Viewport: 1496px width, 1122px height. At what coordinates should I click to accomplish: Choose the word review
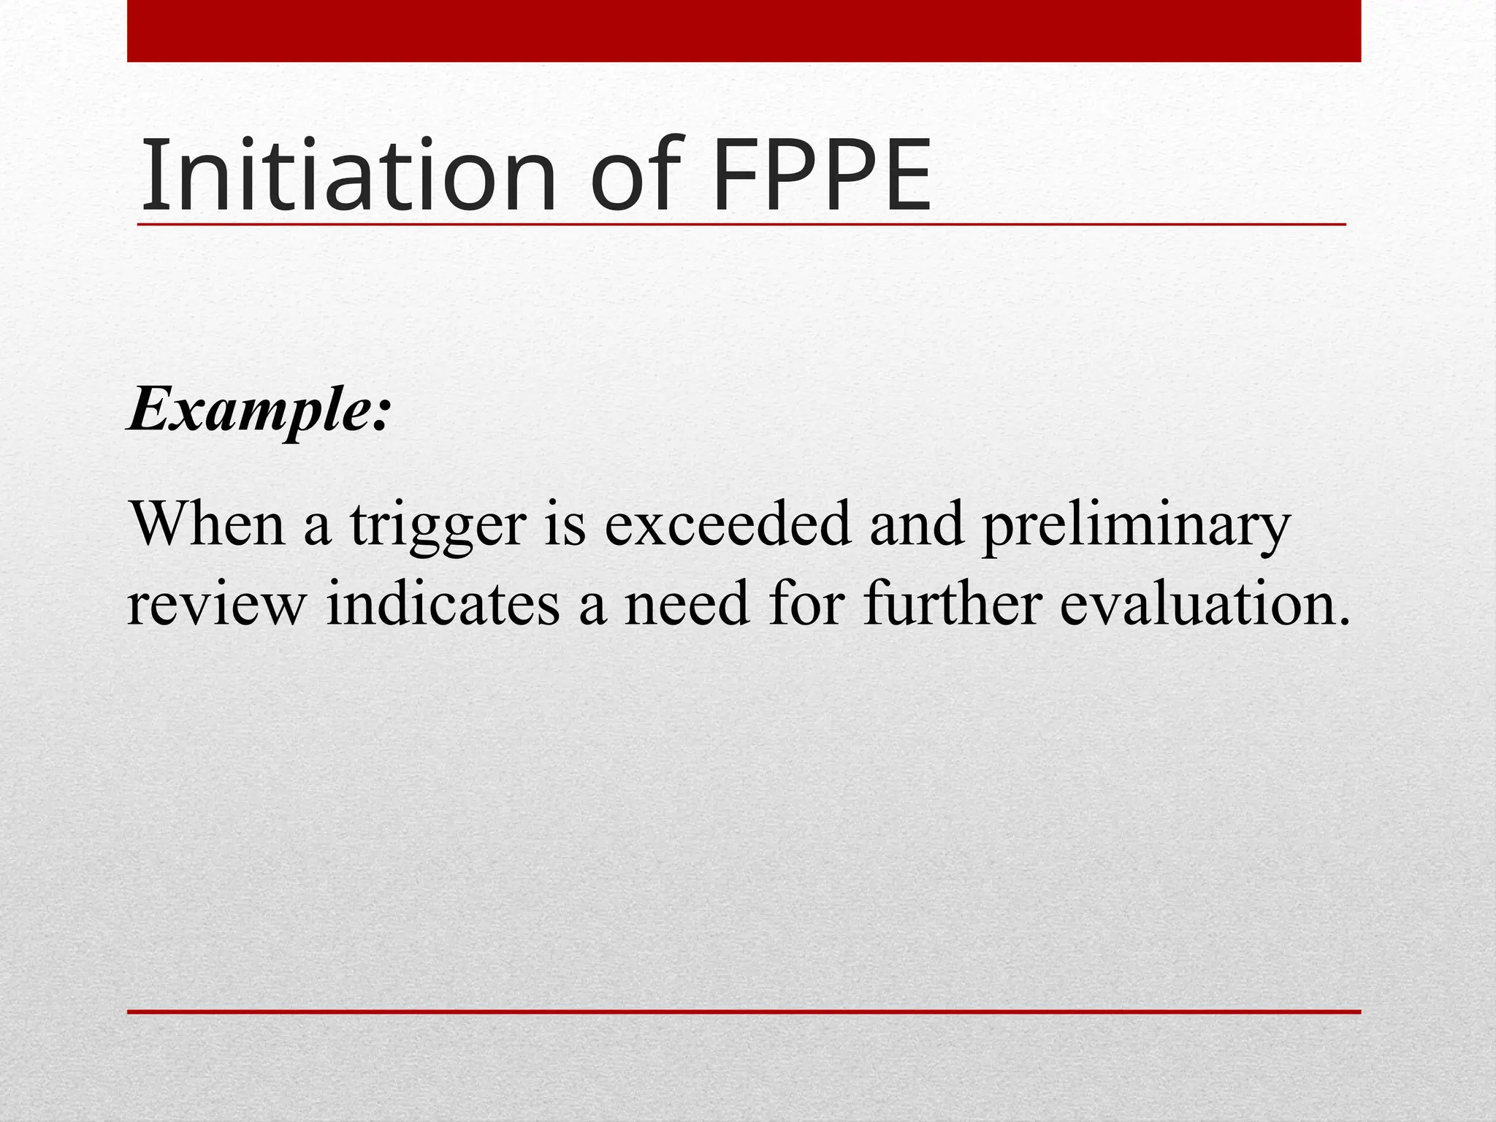216,605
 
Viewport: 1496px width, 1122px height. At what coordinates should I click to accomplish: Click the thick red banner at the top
744,31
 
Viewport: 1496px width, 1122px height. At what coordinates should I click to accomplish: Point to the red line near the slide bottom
744,1012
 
